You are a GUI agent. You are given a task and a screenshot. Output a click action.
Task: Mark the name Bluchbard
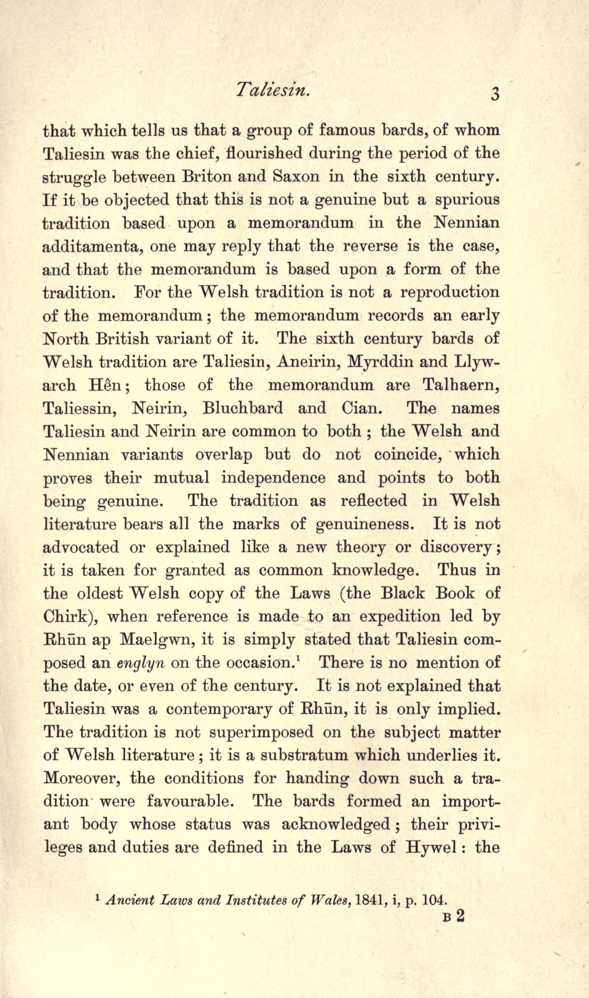[x=243, y=408]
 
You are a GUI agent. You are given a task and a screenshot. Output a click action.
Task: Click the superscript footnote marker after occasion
[x=298, y=659]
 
